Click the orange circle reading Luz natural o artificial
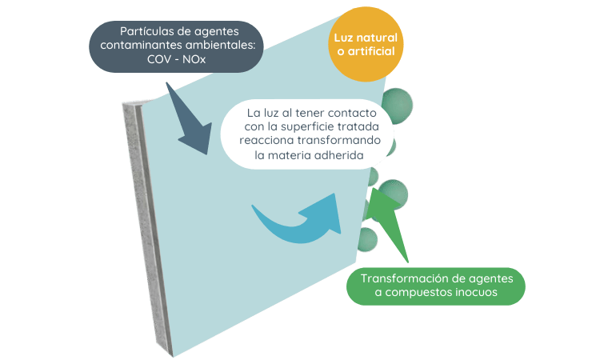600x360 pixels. click(366, 44)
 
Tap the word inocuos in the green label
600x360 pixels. click(474, 294)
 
